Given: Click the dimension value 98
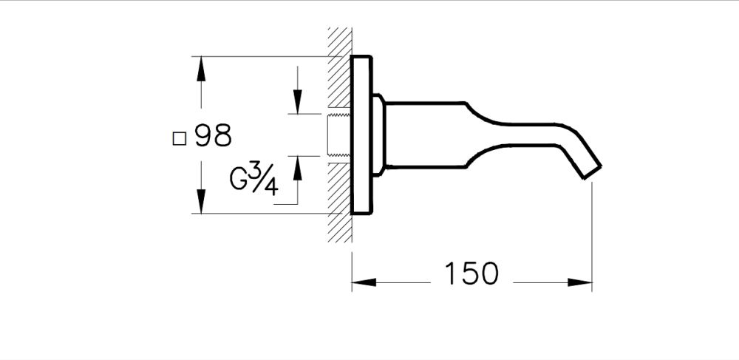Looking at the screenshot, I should (214, 136).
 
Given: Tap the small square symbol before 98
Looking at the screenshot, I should (178, 137).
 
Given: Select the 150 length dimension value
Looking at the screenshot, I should (471, 274).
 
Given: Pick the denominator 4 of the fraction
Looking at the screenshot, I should (270, 187).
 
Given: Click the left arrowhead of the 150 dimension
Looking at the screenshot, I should (363, 282).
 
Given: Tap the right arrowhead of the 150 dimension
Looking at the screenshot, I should (582, 282).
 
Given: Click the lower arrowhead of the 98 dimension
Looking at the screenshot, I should (200, 200).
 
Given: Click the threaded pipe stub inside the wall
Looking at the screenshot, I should (338, 135).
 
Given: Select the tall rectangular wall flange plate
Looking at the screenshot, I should (361, 135).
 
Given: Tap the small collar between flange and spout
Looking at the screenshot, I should (378, 135).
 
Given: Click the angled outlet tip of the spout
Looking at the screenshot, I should (590, 169).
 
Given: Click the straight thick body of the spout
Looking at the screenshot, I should (425, 135).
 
